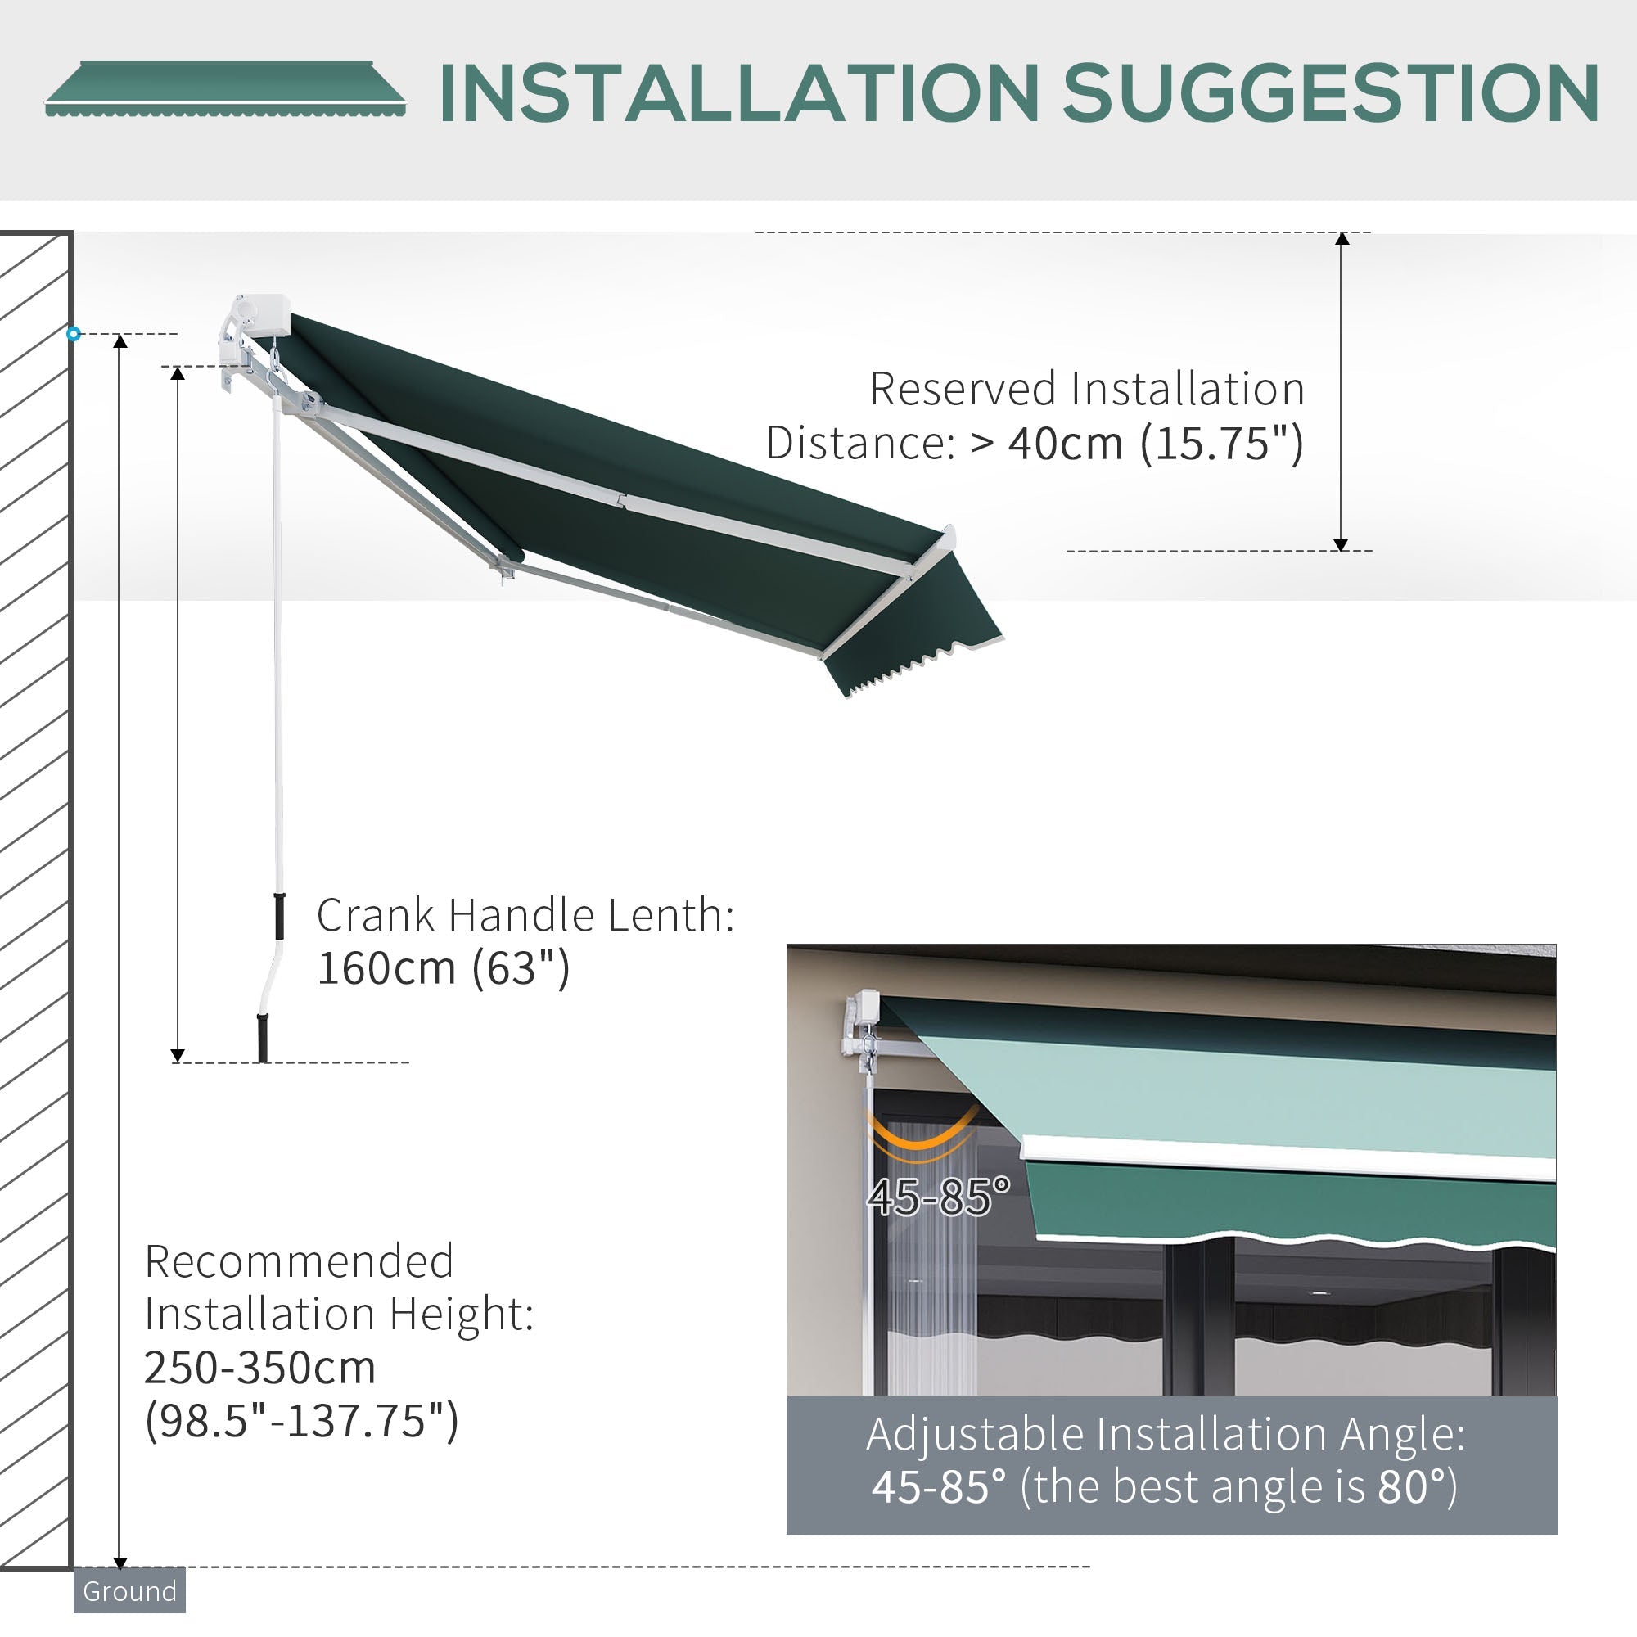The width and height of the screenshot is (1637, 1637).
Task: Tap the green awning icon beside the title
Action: pos(224,88)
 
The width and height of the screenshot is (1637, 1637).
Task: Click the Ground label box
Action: pos(129,1590)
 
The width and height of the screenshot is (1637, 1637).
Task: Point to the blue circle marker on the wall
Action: pos(74,334)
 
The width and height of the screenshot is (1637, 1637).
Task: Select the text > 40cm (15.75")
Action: pos(1135,443)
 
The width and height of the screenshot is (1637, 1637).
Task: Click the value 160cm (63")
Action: pos(443,967)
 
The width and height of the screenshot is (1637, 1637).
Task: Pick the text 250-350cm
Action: pos(259,1367)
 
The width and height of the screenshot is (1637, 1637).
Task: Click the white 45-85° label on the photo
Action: pos(938,1197)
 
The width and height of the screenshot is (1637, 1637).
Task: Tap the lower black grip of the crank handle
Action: pos(263,1037)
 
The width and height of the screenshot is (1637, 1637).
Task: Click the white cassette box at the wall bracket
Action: pos(263,314)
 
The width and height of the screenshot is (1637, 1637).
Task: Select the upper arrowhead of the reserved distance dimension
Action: pos(1342,239)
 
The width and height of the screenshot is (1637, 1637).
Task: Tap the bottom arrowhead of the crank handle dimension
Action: pos(177,1055)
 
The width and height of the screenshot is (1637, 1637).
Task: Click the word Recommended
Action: pos(299,1260)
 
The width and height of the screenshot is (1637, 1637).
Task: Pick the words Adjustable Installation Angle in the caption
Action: pos(1165,1434)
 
